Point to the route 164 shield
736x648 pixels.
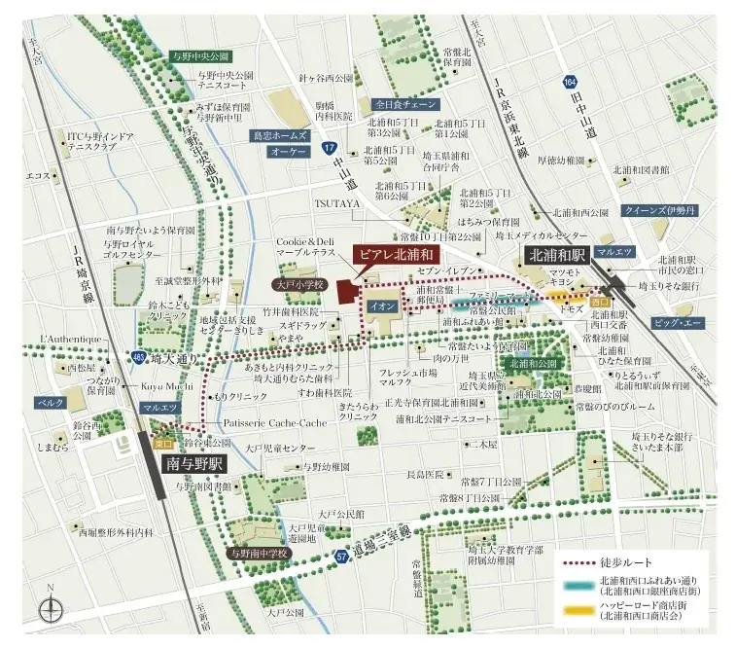(x=568, y=85)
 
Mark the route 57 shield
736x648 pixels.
(x=341, y=557)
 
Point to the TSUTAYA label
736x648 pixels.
(x=337, y=202)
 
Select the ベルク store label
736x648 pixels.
(x=51, y=401)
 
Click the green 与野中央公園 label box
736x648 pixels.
(x=197, y=57)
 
